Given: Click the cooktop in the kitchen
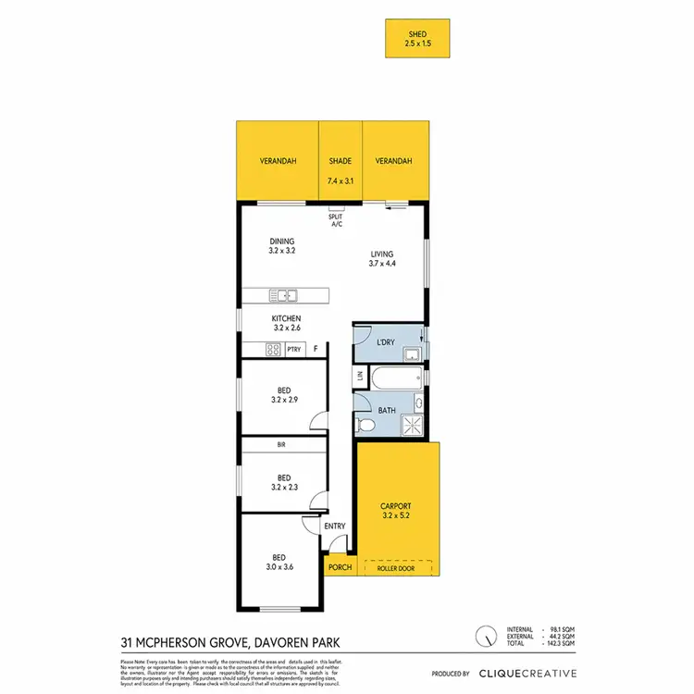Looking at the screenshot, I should (x=274, y=349).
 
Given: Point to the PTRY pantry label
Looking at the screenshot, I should (x=294, y=350).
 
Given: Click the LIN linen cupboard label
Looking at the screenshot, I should (x=360, y=377).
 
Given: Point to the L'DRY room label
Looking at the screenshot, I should (x=386, y=342).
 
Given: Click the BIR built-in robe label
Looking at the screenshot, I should (x=281, y=445).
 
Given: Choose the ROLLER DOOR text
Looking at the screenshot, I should (x=397, y=568).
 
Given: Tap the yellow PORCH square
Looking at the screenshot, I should (x=340, y=567).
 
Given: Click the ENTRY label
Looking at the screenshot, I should (x=334, y=527).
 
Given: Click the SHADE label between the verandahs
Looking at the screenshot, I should (x=341, y=161).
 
